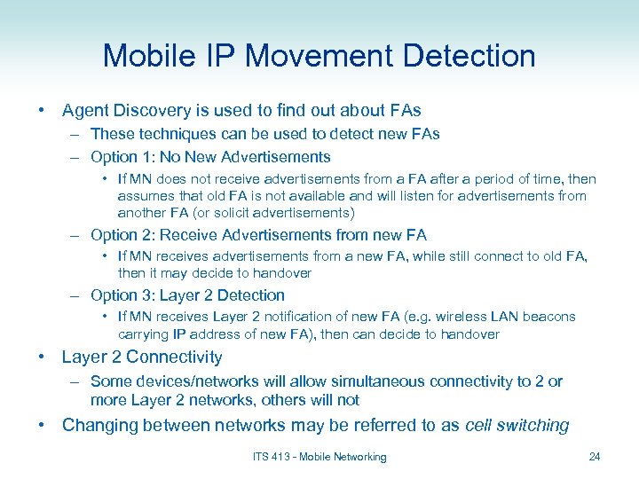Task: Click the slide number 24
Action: point(595,457)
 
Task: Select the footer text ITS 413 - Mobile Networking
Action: point(319,457)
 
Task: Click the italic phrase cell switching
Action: point(517,425)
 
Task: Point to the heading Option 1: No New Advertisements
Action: point(210,157)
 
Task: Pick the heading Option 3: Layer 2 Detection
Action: point(187,295)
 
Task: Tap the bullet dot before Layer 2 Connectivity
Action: point(42,357)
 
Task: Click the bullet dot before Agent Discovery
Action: point(42,111)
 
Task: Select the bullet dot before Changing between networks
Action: point(42,425)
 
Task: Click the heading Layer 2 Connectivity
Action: point(142,357)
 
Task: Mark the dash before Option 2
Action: point(77,235)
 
